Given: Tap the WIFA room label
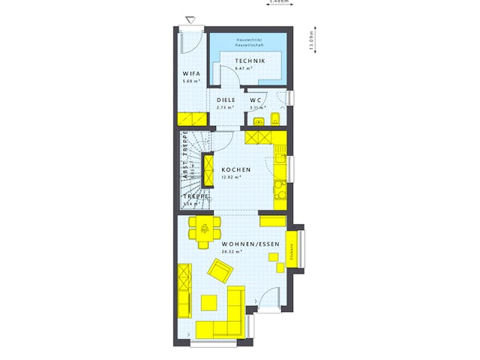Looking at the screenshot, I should pyautogui.click(x=190, y=74).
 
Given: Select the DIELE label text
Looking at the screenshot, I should pyautogui.click(x=226, y=100).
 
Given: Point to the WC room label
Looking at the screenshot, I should pyautogui.click(x=255, y=100).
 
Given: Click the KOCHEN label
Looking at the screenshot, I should pyautogui.click(x=235, y=170).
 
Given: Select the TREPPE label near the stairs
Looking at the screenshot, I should pyautogui.click(x=193, y=196).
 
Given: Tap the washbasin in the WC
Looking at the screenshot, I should pyautogui.click(x=259, y=120).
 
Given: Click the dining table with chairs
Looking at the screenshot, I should pyautogui.click(x=202, y=232).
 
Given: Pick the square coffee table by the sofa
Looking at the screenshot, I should pyautogui.click(x=210, y=301).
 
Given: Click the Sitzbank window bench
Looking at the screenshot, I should pyautogui.click(x=292, y=247).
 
